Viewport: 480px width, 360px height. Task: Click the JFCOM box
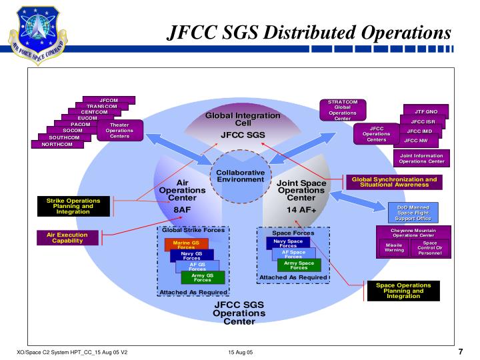coord(109,100)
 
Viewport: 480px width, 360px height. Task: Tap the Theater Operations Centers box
coord(119,131)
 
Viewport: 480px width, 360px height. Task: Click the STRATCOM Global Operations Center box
coord(343,110)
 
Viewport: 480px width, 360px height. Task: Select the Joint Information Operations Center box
coord(421,159)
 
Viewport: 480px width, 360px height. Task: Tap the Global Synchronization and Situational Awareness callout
coord(394,182)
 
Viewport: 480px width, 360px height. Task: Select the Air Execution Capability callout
coord(69,237)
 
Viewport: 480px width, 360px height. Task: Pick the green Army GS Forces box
coord(203,277)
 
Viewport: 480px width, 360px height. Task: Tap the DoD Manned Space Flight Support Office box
coord(414,213)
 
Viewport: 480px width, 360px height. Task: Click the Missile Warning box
coord(394,248)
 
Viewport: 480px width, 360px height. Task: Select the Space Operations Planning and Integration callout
coord(404,291)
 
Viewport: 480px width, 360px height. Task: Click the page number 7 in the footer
coord(461,352)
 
